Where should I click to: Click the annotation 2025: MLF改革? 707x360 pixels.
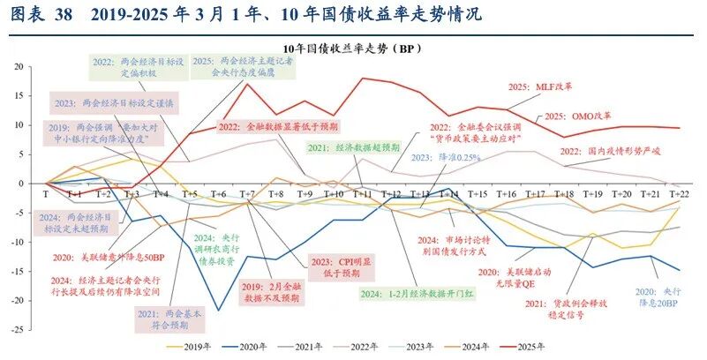tap(540, 86)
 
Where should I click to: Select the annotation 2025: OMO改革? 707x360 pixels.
tap(578, 116)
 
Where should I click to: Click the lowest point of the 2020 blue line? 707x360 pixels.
tap(217, 310)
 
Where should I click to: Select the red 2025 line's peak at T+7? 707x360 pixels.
tap(247, 84)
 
